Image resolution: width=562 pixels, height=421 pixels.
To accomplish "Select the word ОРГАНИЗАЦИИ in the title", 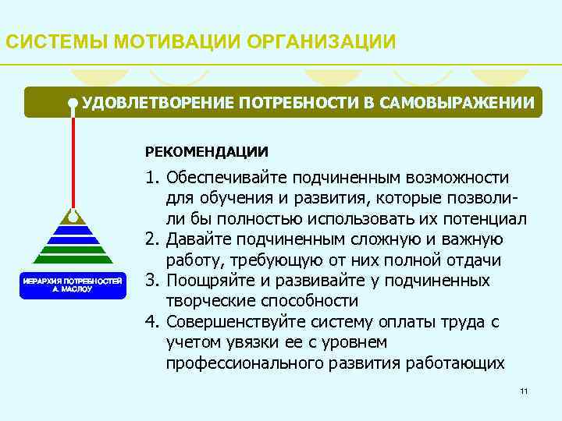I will pos(321,41).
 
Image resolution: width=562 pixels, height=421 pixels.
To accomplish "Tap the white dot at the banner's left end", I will pos(73,102).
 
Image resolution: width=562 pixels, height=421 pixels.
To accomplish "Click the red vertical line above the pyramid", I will pos(73,156).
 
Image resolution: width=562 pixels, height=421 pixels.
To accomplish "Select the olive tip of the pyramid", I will pos(73,213).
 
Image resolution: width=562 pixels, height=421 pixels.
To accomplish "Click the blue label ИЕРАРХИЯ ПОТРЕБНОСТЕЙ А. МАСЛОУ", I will pos(73,283).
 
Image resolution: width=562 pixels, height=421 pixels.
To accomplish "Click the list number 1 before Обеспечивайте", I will pos(151,179).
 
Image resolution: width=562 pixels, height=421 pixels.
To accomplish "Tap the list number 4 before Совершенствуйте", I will pos(151,322).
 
